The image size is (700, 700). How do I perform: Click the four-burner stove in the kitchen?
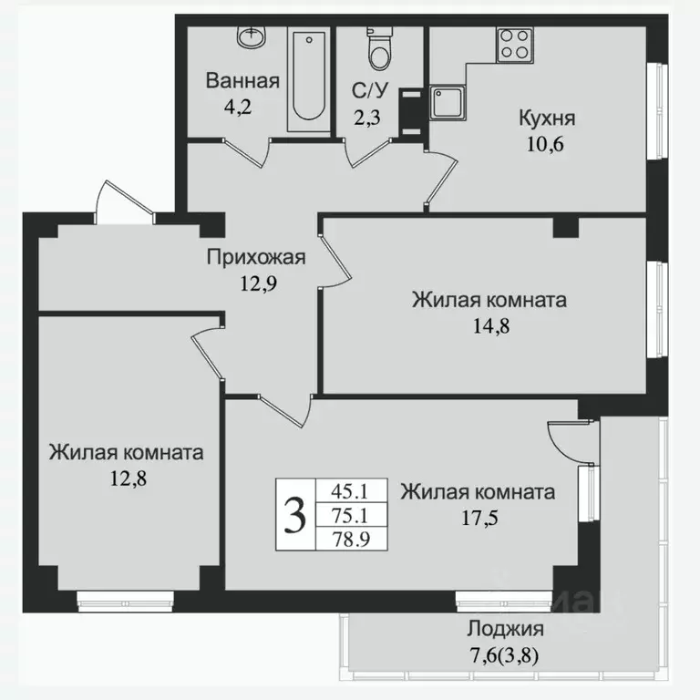tap(515, 45)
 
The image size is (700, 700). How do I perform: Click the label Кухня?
tap(547, 118)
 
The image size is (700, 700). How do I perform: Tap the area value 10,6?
tap(547, 143)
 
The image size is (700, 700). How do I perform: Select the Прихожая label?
tap(254, 257)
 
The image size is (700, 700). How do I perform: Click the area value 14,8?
tap(489, 325)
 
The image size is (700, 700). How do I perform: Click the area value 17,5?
tap(478, 519)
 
